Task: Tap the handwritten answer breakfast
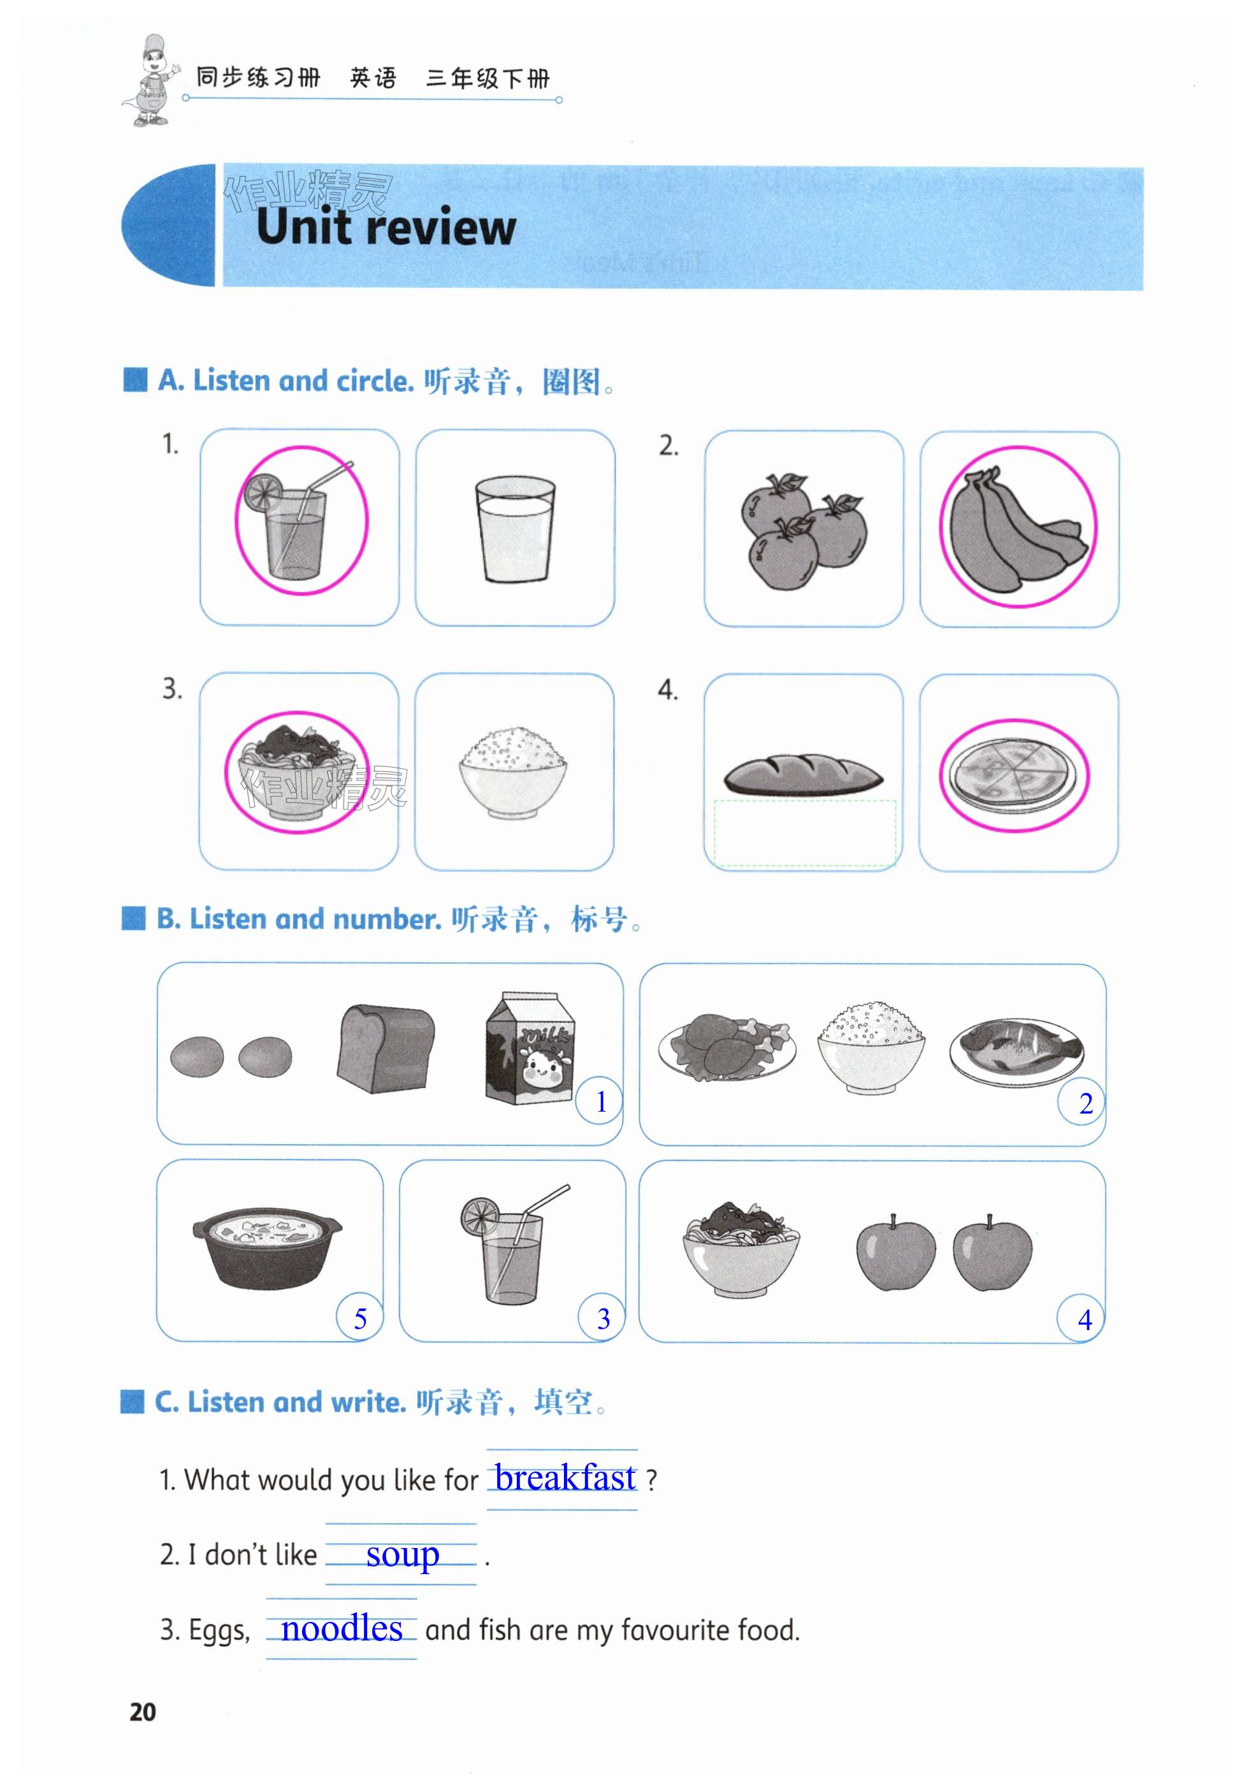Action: [x=565, y=1477]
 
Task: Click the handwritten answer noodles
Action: [x=342, y=1627]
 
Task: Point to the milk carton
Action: [x=530, y=1047]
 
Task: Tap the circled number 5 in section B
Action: [x=360, y=1318]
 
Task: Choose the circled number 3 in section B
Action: [x=603, y=1318]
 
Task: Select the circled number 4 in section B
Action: [x=1083, y=1319]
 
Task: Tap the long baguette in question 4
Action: [x=804, y=774]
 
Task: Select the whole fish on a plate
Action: [x=1016, y=1047]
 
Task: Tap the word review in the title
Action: [x=441, y=227]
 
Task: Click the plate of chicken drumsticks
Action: [x=726, y=1046]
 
